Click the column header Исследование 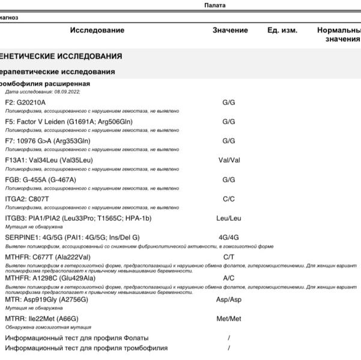(97, 30)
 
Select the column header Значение (230, 30)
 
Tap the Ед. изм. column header (282, 30)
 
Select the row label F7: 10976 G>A (50, 141)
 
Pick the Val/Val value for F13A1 (228, 160)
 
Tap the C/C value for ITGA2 (228, 199)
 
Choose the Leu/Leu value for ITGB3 (228, 218)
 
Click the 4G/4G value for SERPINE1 (228, 238)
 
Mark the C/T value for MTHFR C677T (228, 257)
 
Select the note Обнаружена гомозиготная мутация (48, 327)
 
